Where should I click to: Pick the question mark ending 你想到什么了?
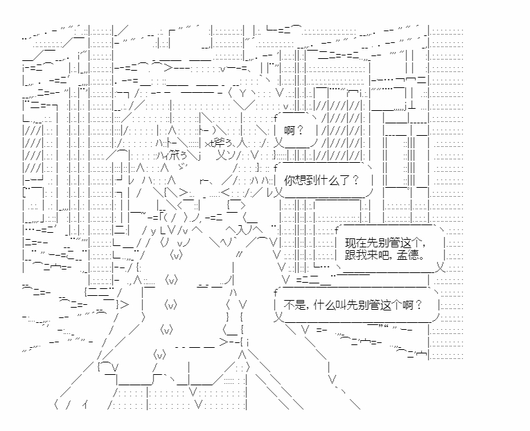tap(355, 179)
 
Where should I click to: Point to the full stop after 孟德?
tap(421, 256)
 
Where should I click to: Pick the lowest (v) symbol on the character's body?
tap(159, 355)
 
